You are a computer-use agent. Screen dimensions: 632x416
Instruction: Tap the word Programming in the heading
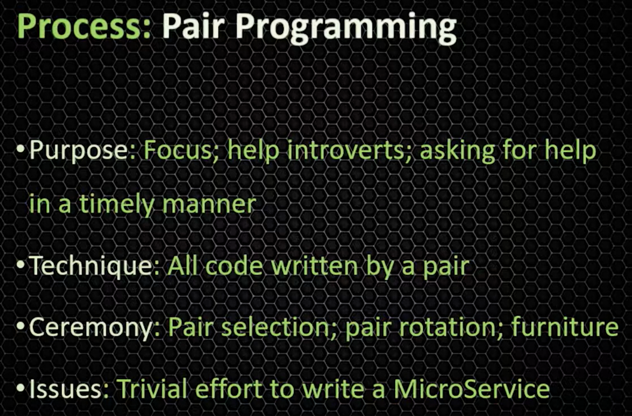point(346,28)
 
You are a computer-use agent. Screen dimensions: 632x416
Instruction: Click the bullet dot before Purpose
point(20,149)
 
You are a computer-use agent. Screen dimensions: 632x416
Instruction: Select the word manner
point(209,206)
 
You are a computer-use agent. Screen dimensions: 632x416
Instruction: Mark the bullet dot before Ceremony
point(20,326)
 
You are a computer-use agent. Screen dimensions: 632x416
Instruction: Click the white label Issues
point(66,389)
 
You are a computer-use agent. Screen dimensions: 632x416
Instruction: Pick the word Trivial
point(152,388)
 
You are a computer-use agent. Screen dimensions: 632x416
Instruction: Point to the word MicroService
point(471,388)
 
